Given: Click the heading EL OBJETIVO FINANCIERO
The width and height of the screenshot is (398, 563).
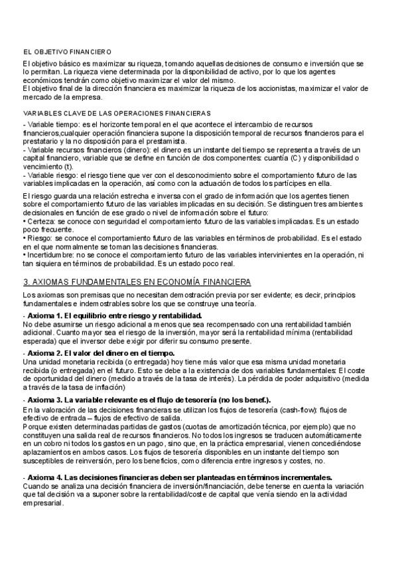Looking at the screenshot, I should click(67, 51).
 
